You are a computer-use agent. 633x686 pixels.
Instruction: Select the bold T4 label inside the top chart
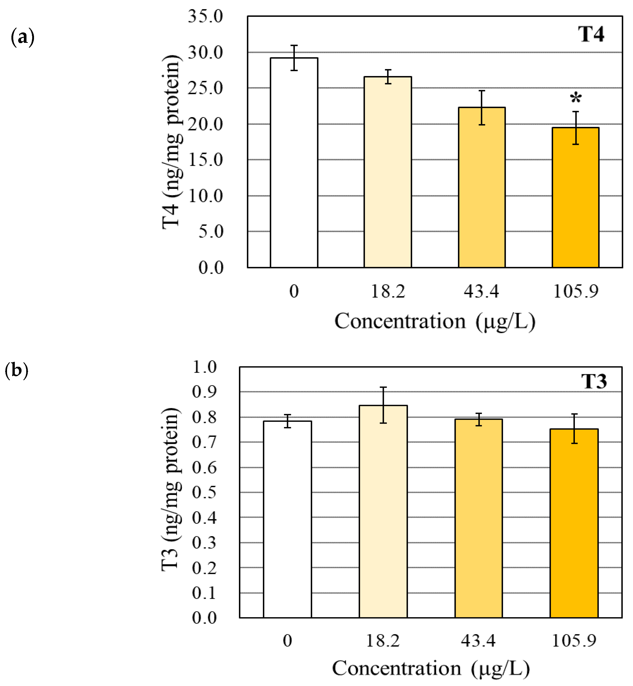pos(591,34)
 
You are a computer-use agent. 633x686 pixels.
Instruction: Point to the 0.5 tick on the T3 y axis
pos(204,492)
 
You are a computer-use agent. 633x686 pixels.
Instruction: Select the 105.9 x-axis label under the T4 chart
pos(575,291)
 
